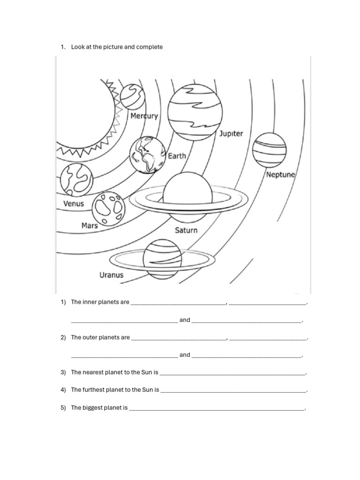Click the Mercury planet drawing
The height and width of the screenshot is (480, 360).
coord(132,97)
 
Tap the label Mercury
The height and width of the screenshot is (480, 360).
coord(144,116)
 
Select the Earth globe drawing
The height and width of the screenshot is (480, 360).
coord(147,154)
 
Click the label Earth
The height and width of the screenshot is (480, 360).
coord(177,156)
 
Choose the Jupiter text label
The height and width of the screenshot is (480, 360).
coord(231,134)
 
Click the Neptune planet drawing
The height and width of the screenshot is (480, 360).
coord(269,150)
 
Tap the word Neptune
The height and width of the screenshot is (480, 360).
coord(280,175)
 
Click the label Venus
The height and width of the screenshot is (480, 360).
coord(74,203)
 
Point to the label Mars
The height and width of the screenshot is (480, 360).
coord(90,225)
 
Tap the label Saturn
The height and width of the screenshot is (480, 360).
coord(186,230)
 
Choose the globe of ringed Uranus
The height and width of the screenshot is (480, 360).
coord(162,259)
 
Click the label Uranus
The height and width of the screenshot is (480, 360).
coord(112,275)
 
